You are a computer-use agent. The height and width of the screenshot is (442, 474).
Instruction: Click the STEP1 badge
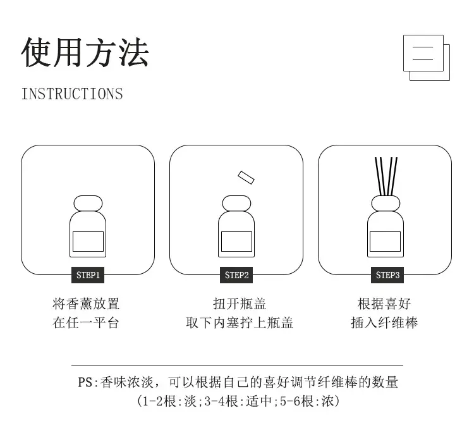88,275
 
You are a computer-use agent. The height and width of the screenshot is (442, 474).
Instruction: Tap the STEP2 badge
236,275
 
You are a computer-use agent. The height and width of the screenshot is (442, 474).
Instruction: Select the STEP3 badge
387,275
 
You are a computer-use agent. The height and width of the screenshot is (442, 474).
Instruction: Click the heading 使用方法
85,52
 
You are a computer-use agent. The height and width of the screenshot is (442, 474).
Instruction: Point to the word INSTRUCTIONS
72,94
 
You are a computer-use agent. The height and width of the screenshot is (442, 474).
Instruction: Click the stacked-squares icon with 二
427,58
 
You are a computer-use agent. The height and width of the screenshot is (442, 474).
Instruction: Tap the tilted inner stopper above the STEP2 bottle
246,178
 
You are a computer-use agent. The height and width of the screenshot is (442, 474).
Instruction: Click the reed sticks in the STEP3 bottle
386,176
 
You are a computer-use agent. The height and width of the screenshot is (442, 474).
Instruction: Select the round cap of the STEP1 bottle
88,204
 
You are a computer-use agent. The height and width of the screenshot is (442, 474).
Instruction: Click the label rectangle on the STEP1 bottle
88,242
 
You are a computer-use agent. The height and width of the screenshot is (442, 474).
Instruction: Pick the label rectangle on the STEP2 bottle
236,242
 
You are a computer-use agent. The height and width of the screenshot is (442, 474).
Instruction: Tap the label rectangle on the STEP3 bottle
385,242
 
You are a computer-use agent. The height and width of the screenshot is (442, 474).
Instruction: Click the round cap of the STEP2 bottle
236,204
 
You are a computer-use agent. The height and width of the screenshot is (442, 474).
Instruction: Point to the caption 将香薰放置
86,304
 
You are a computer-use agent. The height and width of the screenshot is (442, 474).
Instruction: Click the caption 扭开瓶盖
240,304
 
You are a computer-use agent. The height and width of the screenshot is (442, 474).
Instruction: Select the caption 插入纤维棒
384,322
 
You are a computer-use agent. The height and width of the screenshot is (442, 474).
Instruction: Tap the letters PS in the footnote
85,382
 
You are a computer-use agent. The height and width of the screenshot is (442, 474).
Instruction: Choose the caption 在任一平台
85,322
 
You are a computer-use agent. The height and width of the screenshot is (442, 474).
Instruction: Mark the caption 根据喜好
384,304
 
